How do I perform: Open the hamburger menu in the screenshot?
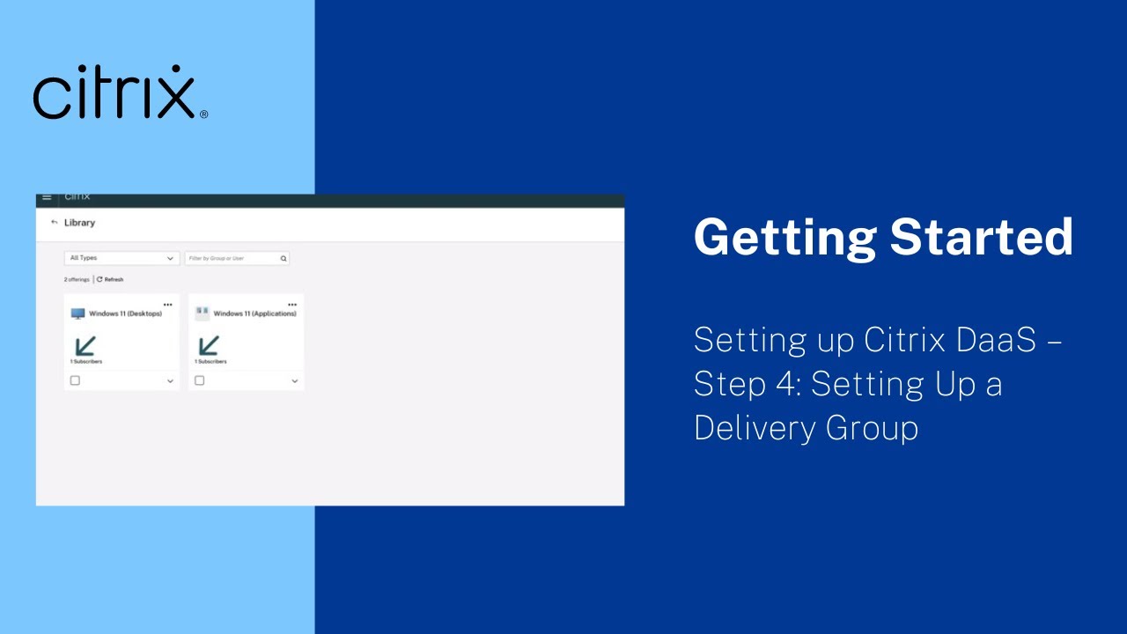[x=48, y=197]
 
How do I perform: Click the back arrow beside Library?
[x=55, y=223]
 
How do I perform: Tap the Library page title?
[x=79, y=223]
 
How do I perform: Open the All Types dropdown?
[x=122, y=259]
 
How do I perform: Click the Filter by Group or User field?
[x=231, y=259]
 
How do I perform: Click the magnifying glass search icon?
[x=284, y=259]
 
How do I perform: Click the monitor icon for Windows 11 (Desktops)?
[x=78, y=313]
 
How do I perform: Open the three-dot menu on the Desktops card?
[x=168, y=305]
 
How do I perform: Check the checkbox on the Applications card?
[x=200, y=380]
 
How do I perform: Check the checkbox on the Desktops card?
[x=75, y=380]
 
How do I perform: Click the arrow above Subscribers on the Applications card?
[x=209, y=345]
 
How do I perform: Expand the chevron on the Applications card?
[x=294, y=381]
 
